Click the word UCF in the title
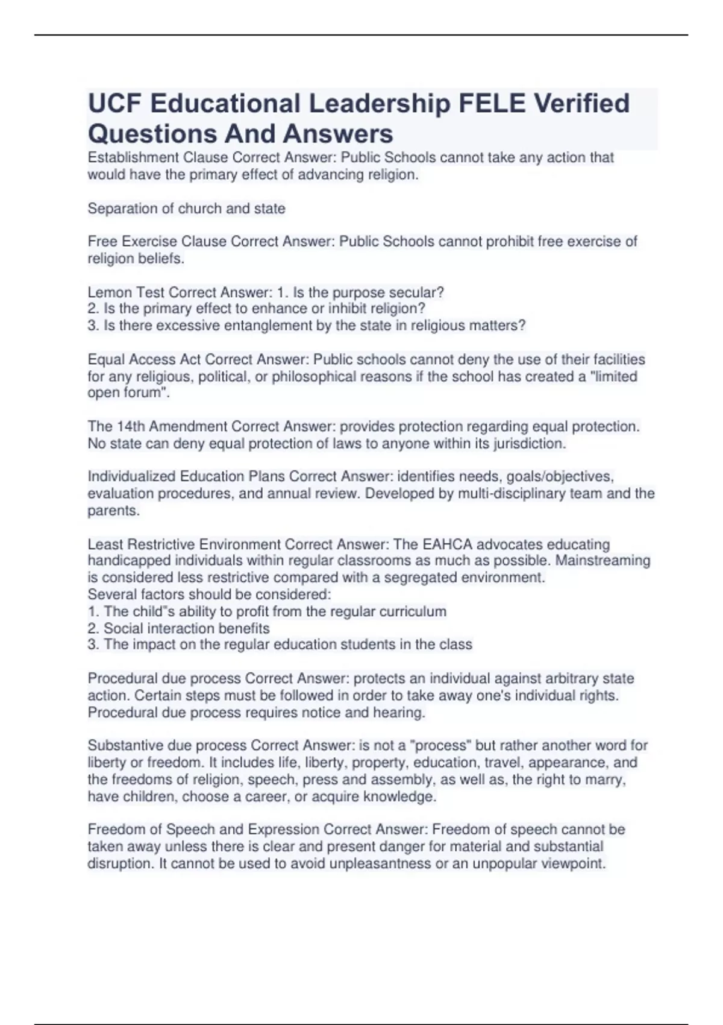(114, 104)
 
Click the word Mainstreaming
(602, 561)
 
